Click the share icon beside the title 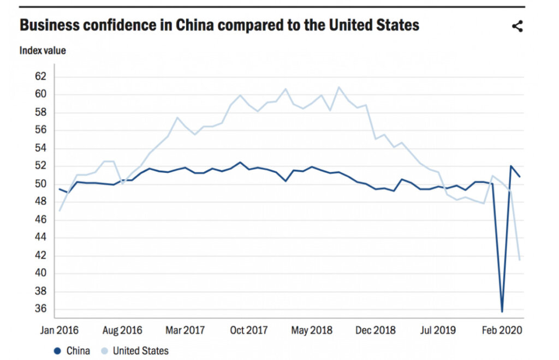click(518, 26)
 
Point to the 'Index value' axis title click(43, 51)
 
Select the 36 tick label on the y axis click(41, 309)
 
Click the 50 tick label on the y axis click(41, 184)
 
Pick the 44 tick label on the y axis click(41, 238)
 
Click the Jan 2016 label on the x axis click(59, 330)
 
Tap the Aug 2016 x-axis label click(122, 330)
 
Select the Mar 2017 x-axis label click(186, 330)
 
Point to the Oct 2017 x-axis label click(249, 330)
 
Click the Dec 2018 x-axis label click(375, 330)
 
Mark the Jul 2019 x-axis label click(438, 330)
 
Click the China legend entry click(72, 351)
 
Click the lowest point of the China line click(502, 311)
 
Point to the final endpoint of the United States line click(519, 260)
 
